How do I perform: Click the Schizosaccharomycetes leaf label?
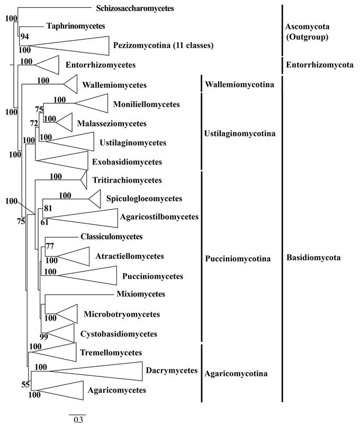click(135, 8)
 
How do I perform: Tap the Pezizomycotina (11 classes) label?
click(163, 46)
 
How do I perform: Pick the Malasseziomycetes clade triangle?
click(63, 123)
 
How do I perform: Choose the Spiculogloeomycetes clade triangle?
click(95, 199)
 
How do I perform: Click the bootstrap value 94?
click(25, 37)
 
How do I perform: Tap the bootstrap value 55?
click(25, 385)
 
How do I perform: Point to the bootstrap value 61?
click(45, 222)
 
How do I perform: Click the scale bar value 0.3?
click(77, 420)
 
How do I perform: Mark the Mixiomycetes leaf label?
click(143, 294)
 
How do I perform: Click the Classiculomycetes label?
click(112, 237)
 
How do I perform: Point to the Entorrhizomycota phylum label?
click(319, 65)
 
